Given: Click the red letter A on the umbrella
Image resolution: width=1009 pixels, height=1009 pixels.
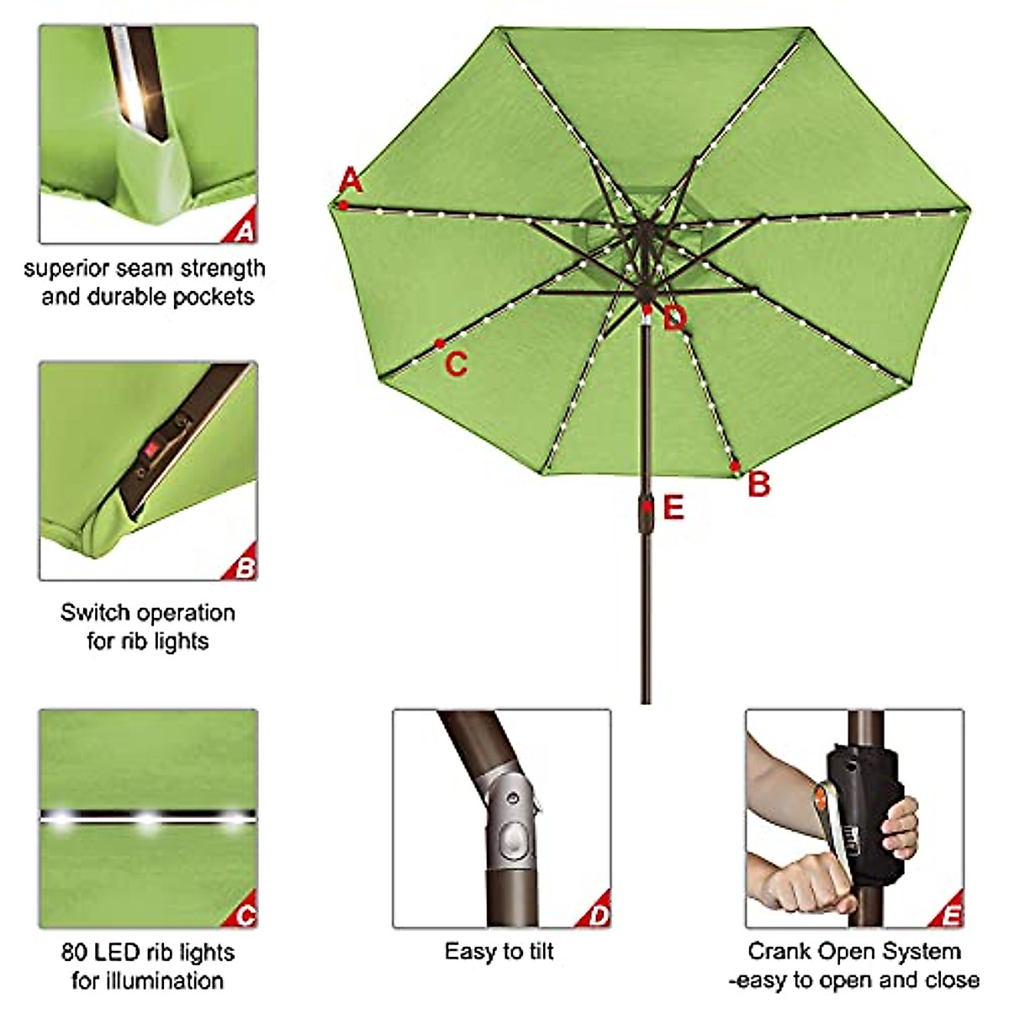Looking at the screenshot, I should tap(351, 181).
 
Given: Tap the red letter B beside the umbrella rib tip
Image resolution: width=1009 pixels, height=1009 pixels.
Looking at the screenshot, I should tap(759, 485).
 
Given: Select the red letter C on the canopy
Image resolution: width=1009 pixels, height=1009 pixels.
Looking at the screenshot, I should tap(456, 365).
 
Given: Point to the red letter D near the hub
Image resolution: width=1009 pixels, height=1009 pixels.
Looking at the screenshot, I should tap(674, 320).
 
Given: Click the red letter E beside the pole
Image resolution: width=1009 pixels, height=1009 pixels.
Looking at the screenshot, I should tap(674, 508).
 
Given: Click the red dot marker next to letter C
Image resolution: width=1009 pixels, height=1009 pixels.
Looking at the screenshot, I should tap(440, 343).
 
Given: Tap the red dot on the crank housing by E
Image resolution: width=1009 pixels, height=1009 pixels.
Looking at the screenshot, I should tap(646, 506).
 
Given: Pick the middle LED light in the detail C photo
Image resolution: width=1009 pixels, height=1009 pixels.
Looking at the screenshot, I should tap(148, 819).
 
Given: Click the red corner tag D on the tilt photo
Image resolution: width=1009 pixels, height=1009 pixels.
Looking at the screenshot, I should tap(598, 916).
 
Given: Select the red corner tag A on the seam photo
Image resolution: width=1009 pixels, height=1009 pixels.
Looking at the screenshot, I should tap(244, 230).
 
